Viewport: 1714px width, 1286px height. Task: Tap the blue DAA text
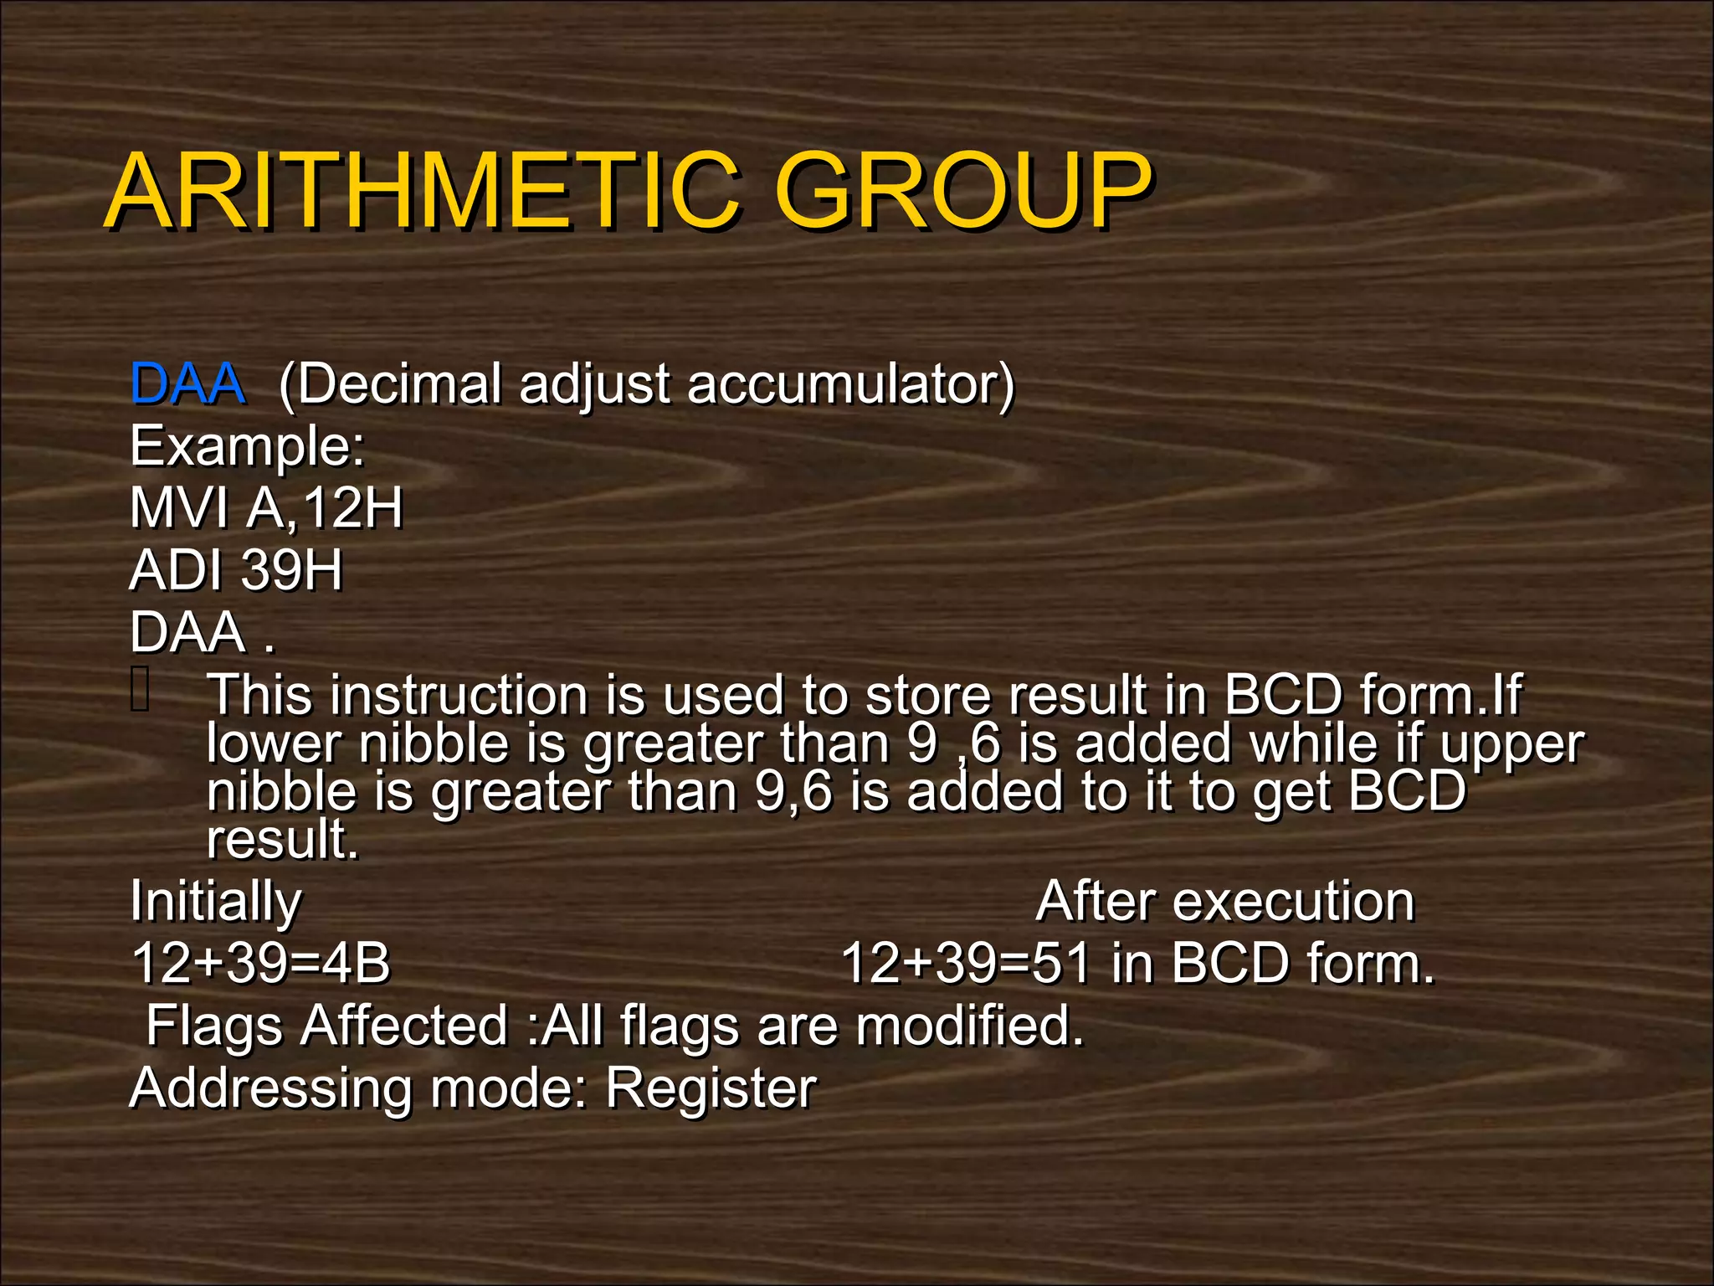[x=187, y=384]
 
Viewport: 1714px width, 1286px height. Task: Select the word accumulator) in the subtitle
[x=850, y=384]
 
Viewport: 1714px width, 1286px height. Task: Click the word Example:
[x=248, y=446]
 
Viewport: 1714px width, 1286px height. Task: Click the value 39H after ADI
[x=291, y=570]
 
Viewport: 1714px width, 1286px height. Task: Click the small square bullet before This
[x=141, y=689]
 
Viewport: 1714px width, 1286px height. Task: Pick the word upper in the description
[x=1511, y=743]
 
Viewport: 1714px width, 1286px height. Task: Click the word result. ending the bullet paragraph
[x=283, y=839]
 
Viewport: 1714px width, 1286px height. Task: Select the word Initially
[x=215, y=902]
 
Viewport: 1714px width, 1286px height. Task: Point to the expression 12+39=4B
[x=260, y=963]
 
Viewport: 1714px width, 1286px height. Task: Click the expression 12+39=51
[x=966, y=963]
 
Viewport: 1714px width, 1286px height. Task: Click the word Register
[x=710, y=1088]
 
